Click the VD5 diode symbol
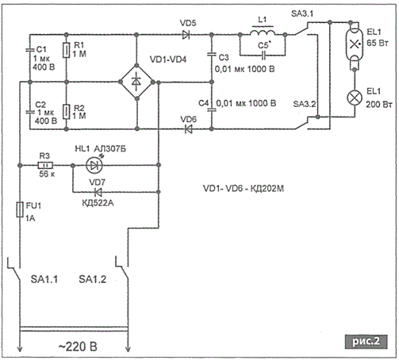point(186,35)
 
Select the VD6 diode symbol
point(188,129)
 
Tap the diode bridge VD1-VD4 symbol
point(136,82)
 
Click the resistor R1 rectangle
point(66,50)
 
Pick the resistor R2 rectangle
point(66,112)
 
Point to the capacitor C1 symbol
point(29,50)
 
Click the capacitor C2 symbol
point(29,112)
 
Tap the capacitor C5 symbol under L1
point(263,56)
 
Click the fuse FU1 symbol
point(20,209)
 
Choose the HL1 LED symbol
point(94,166)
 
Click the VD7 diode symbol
point(98,192)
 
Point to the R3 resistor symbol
point(45,166)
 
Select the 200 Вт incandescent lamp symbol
point(355,98)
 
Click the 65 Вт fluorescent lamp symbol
point(355,44)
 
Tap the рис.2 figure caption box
point(366,342)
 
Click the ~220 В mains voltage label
point(78,347)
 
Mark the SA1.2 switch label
point(93,279)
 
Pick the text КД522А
point(98,203)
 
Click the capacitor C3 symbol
point(211,55)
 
